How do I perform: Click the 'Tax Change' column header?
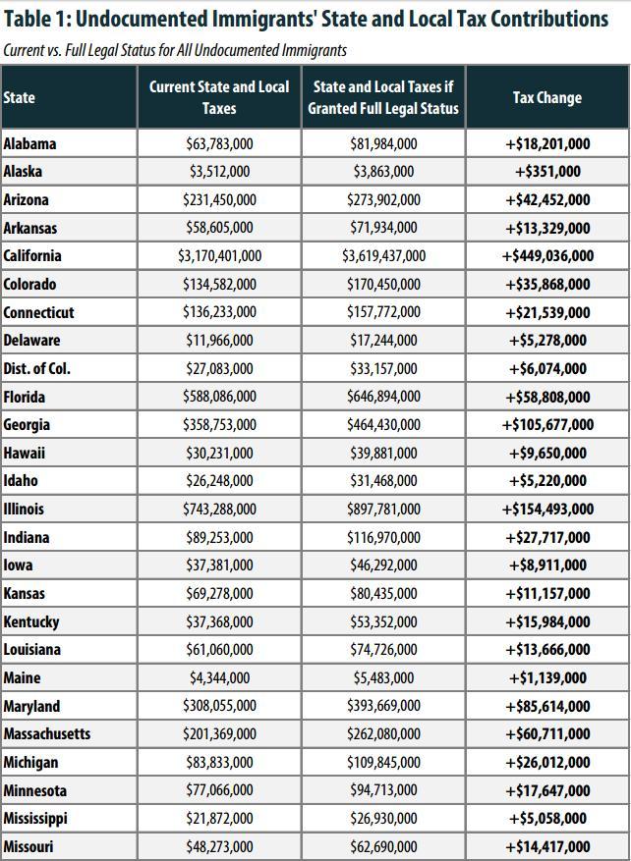[x=546, y=98]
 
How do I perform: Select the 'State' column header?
[x=20, y=98]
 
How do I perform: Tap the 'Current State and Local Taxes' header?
[x=219, y=97]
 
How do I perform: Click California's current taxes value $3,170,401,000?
[x=219, y=256]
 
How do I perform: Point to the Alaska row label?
[x=23, y=172]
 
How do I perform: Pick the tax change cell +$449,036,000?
[x=547, y=256]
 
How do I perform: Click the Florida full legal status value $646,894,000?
[x=383, y=397]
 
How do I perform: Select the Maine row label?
[x=22, y=678]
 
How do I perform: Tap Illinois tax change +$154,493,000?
[x=547, y=510]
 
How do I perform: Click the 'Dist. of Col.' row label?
[x=36, y=368]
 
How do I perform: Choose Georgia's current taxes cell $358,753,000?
[x=219, y=425]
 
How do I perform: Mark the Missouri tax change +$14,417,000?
[x=547, y=847]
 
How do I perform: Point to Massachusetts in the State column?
[x=47, y=734]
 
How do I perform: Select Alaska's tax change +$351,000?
[x=547, y=172]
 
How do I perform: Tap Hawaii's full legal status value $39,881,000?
[x=383, y=454]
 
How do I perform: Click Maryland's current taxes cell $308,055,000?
[x=219, y=706]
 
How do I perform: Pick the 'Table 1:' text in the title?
[x=36, y=19]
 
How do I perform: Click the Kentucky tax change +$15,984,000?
[x=547, y=622]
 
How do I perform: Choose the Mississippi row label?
[x=35, y=819]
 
